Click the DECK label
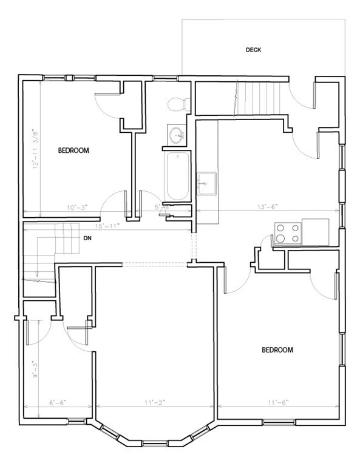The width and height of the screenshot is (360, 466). [x=254, y=50]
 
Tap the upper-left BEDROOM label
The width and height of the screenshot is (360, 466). [x=73, y=150]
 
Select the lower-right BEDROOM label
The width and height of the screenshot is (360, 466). [x=277, y=350]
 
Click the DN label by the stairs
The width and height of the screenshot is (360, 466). [x=87, y=238]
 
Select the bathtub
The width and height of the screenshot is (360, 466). [x=177, y=176]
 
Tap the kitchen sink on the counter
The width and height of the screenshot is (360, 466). [x=206, y=182]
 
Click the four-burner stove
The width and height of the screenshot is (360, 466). [x=288, y=233]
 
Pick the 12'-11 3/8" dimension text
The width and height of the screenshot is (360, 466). [x=36, y=149]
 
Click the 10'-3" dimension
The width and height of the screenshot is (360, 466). [x=77, y=208]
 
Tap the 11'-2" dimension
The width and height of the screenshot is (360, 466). [x=154, y=402]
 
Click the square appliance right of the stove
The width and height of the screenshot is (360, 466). [x=316, y=232]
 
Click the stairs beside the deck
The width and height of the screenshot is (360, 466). [x=259, y=97]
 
